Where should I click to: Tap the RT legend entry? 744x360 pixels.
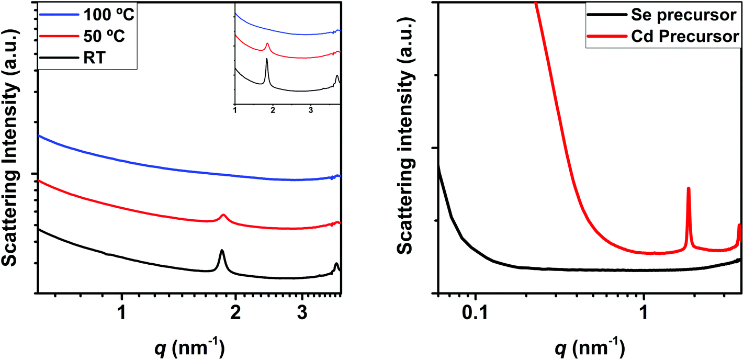[94, 59]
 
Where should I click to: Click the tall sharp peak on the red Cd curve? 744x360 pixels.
[688, 189]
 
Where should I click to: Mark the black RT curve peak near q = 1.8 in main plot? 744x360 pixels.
[222, 252]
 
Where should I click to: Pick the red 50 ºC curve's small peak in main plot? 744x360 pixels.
[223, 215]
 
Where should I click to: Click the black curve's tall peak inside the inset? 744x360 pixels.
[267, 60]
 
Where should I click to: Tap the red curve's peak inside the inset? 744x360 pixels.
[267, 44]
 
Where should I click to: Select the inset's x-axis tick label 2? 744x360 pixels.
[273, 110]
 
